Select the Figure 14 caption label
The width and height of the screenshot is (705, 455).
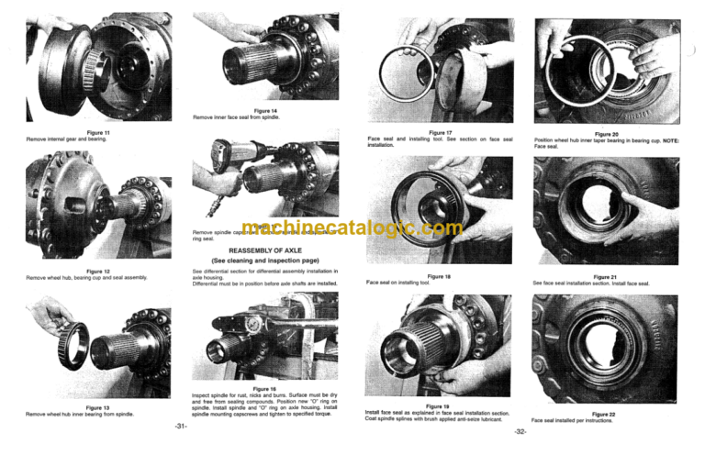click(263, 110)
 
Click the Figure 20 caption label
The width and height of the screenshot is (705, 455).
click(607, 134)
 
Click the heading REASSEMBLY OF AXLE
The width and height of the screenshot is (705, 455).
click(264, 249)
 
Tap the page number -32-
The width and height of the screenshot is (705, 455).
click(520, 432)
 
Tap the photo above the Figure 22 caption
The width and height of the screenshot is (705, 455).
click(606, 349)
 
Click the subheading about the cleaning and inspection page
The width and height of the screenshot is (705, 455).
click(264, 260)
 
